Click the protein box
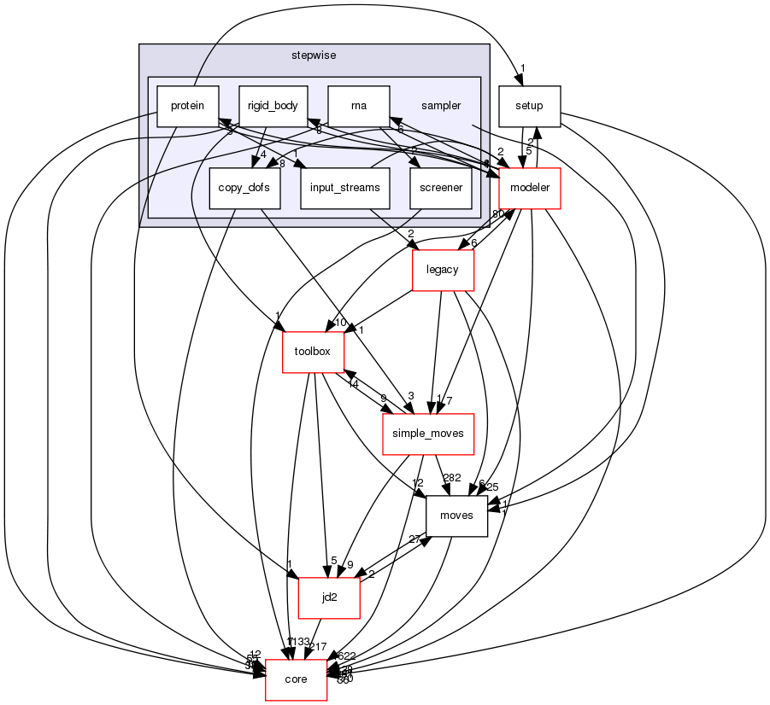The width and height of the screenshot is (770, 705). (187, 106)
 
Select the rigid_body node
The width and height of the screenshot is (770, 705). (273, 106)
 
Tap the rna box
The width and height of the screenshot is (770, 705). (359, 106)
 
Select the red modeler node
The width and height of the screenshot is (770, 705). (529, 188)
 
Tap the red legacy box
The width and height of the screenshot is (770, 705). (443, 270)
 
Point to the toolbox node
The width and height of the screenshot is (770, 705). (314, 351)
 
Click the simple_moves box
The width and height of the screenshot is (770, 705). (427, 433)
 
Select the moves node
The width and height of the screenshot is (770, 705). (456, 516)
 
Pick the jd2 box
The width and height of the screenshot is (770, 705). (329, 597)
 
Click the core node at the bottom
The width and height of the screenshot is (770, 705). (296, 679)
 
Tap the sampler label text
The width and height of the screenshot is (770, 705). (441, 106)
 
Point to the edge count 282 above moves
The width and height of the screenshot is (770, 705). (450, 478)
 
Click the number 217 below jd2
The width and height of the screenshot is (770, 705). (317, 646)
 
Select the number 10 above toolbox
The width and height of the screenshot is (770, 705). (339, 323)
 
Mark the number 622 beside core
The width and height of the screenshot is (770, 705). (346, 656)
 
